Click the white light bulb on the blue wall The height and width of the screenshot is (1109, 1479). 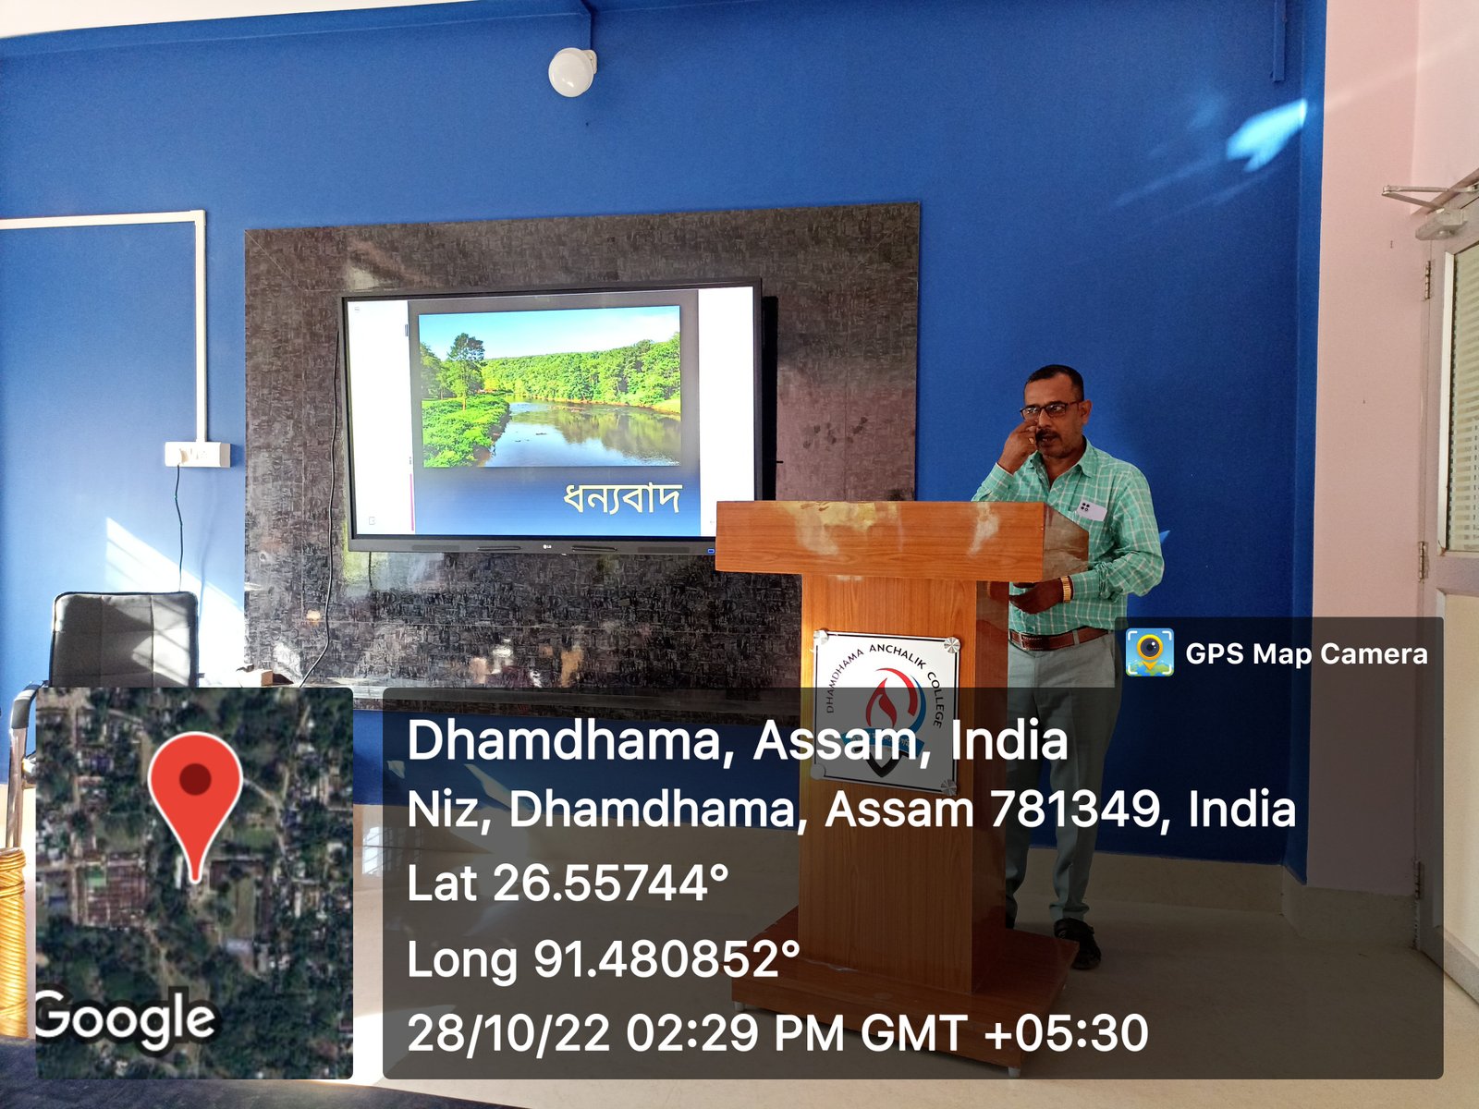(572, 71)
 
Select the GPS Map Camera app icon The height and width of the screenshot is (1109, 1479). (1150, 652)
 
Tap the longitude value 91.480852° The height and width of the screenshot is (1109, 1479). (667, 958)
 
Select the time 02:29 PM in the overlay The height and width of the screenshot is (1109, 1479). (735, 1032)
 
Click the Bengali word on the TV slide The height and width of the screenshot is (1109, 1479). (621, 497)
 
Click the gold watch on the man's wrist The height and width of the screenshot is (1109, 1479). (1066, 589)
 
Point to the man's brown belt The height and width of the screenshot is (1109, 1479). (1057, 639)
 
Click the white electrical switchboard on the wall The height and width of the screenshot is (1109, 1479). (198, 455)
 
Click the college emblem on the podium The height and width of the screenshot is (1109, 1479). (884, 713)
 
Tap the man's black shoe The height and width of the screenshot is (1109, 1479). (1078, 943)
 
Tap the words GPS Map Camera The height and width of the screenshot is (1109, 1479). (1306, 653)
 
